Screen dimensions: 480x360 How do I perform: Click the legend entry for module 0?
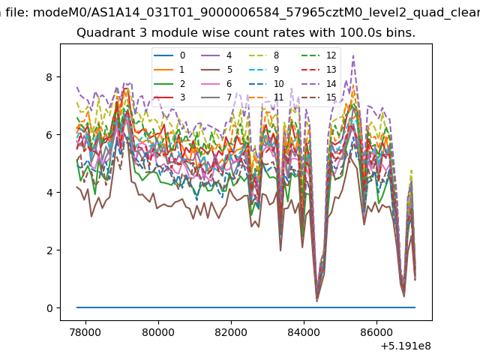pyautogui.click(x=169, y=55)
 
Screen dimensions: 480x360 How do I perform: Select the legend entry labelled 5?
pyautogui.click(x=217, y=70)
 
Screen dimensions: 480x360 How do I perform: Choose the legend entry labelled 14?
pyautogui.click(x=319, y=83)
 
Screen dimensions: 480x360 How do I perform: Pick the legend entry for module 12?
pyautogui.click(x=319, y=55)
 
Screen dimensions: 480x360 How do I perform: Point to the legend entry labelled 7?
pyautogui.click(x=217, y=97)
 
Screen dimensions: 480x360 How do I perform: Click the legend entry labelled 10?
pyautogui.click(x=266, y=83)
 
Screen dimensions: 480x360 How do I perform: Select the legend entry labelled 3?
pyautogui.click(x=169, y=97)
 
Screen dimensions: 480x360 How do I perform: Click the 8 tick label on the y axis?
pyautogui.click(x=49, y=77)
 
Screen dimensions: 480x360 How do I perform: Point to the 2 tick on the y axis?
pyautogui.click(x=49, y=250)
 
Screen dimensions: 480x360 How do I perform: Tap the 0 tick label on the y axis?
pyautogui.click(x=49, y=308)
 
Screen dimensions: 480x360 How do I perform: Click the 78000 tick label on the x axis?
pyautogui.click(x=85, y=332)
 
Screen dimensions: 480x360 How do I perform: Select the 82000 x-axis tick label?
pyautogui.click(x=231, y=332)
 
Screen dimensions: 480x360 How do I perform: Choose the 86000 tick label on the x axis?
pyautogui.click(x=376, y=332)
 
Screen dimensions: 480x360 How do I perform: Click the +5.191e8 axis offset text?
pyautogui.click(x=406, y=346)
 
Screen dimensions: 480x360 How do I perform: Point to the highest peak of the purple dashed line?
pyautogui.click(x=353, y=55)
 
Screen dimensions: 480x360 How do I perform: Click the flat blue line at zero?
pyautogui.click(x=246, y=307)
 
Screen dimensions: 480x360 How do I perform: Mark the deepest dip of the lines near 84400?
pyautogui.click(x=316, y=301)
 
